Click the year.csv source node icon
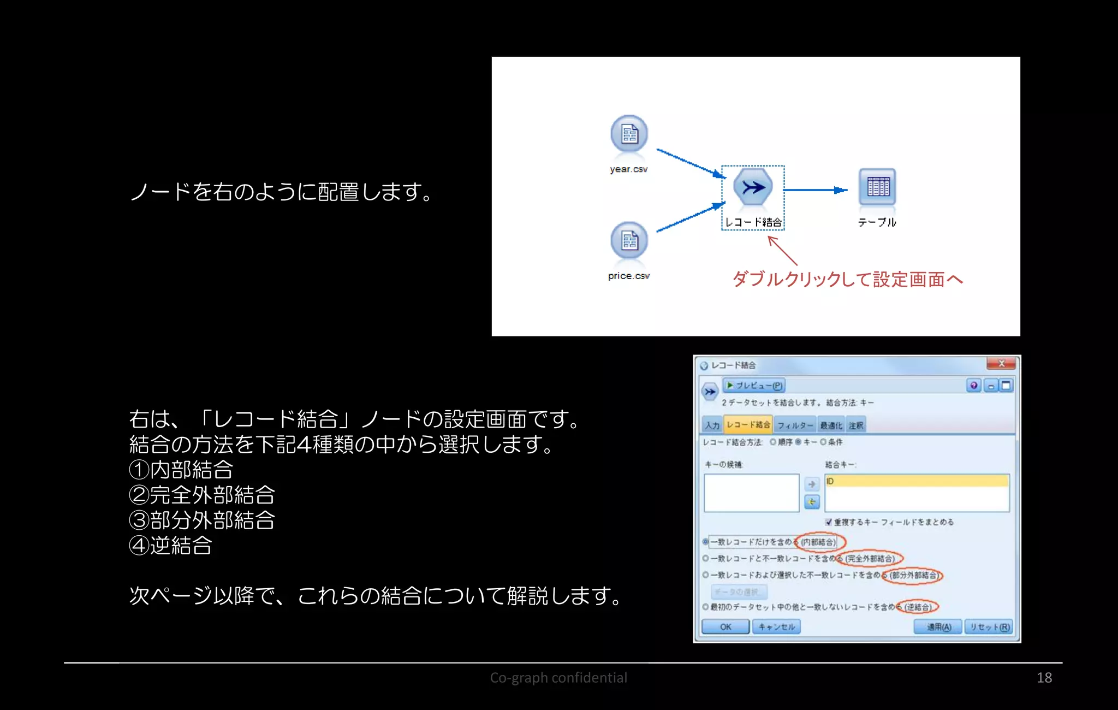(629, 134)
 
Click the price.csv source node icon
(629, 241)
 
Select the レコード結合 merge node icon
(753, 187)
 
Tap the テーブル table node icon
(877, 187)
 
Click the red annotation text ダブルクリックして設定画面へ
(847, 279)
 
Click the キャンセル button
(776, 626)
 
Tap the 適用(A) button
(938, 626)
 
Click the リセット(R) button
(989, 626)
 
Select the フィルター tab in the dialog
(795, 425)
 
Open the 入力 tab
(712, 425)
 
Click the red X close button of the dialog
(1001, 364)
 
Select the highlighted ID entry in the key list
(916, 481)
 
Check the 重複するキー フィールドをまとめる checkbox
(829, 522)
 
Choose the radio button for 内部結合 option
(705, 542)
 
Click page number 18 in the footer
(1044, 678)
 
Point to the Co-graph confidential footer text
(558, 678)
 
